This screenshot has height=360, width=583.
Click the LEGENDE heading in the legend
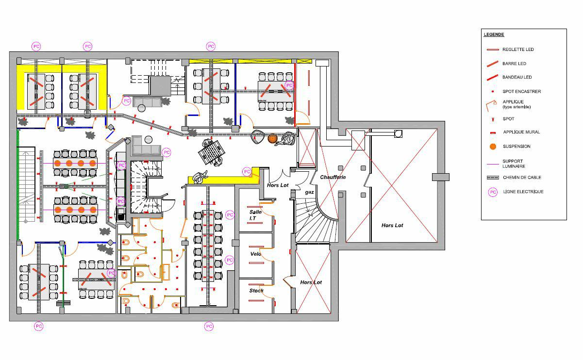[x=494, y=34]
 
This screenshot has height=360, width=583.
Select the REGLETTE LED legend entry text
[x=518, y=49]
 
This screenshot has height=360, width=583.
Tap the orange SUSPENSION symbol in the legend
[x=493, y=146]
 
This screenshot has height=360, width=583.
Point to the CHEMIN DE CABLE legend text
[x=522, y=178]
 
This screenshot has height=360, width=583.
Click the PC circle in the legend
[x=493, y=192]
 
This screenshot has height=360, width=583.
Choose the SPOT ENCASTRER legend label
[x=521, y=91]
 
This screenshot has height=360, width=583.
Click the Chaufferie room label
[x=333, y=177]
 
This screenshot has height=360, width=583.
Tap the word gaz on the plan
[x=309, y=192]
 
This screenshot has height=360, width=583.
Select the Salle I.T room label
[x=255, y=215]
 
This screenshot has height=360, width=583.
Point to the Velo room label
[x=255, y=254]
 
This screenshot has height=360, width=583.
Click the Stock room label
[x=256, y=291]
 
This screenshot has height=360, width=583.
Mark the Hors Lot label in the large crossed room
[x=392, y=225]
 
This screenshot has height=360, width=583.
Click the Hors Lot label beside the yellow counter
[x=278, y=185]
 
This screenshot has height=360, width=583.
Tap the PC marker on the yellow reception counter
[x=247, y=171]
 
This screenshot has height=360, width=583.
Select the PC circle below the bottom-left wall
[x=38, y=326]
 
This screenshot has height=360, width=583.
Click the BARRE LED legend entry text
[x=514, y=64]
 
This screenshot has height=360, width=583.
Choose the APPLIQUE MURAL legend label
[x=521, y=132]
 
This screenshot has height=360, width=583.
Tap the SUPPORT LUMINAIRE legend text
[x=514, y=164]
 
